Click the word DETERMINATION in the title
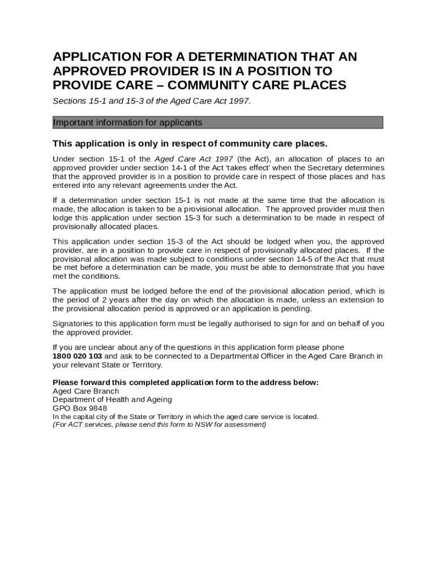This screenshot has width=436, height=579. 220,57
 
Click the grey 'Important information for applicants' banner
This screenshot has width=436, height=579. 217,123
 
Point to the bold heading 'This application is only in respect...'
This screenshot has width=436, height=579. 190,143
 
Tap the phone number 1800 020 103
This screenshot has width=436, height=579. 77,356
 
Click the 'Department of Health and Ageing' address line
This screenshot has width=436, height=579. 112,399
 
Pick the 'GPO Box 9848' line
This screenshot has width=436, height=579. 80,408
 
